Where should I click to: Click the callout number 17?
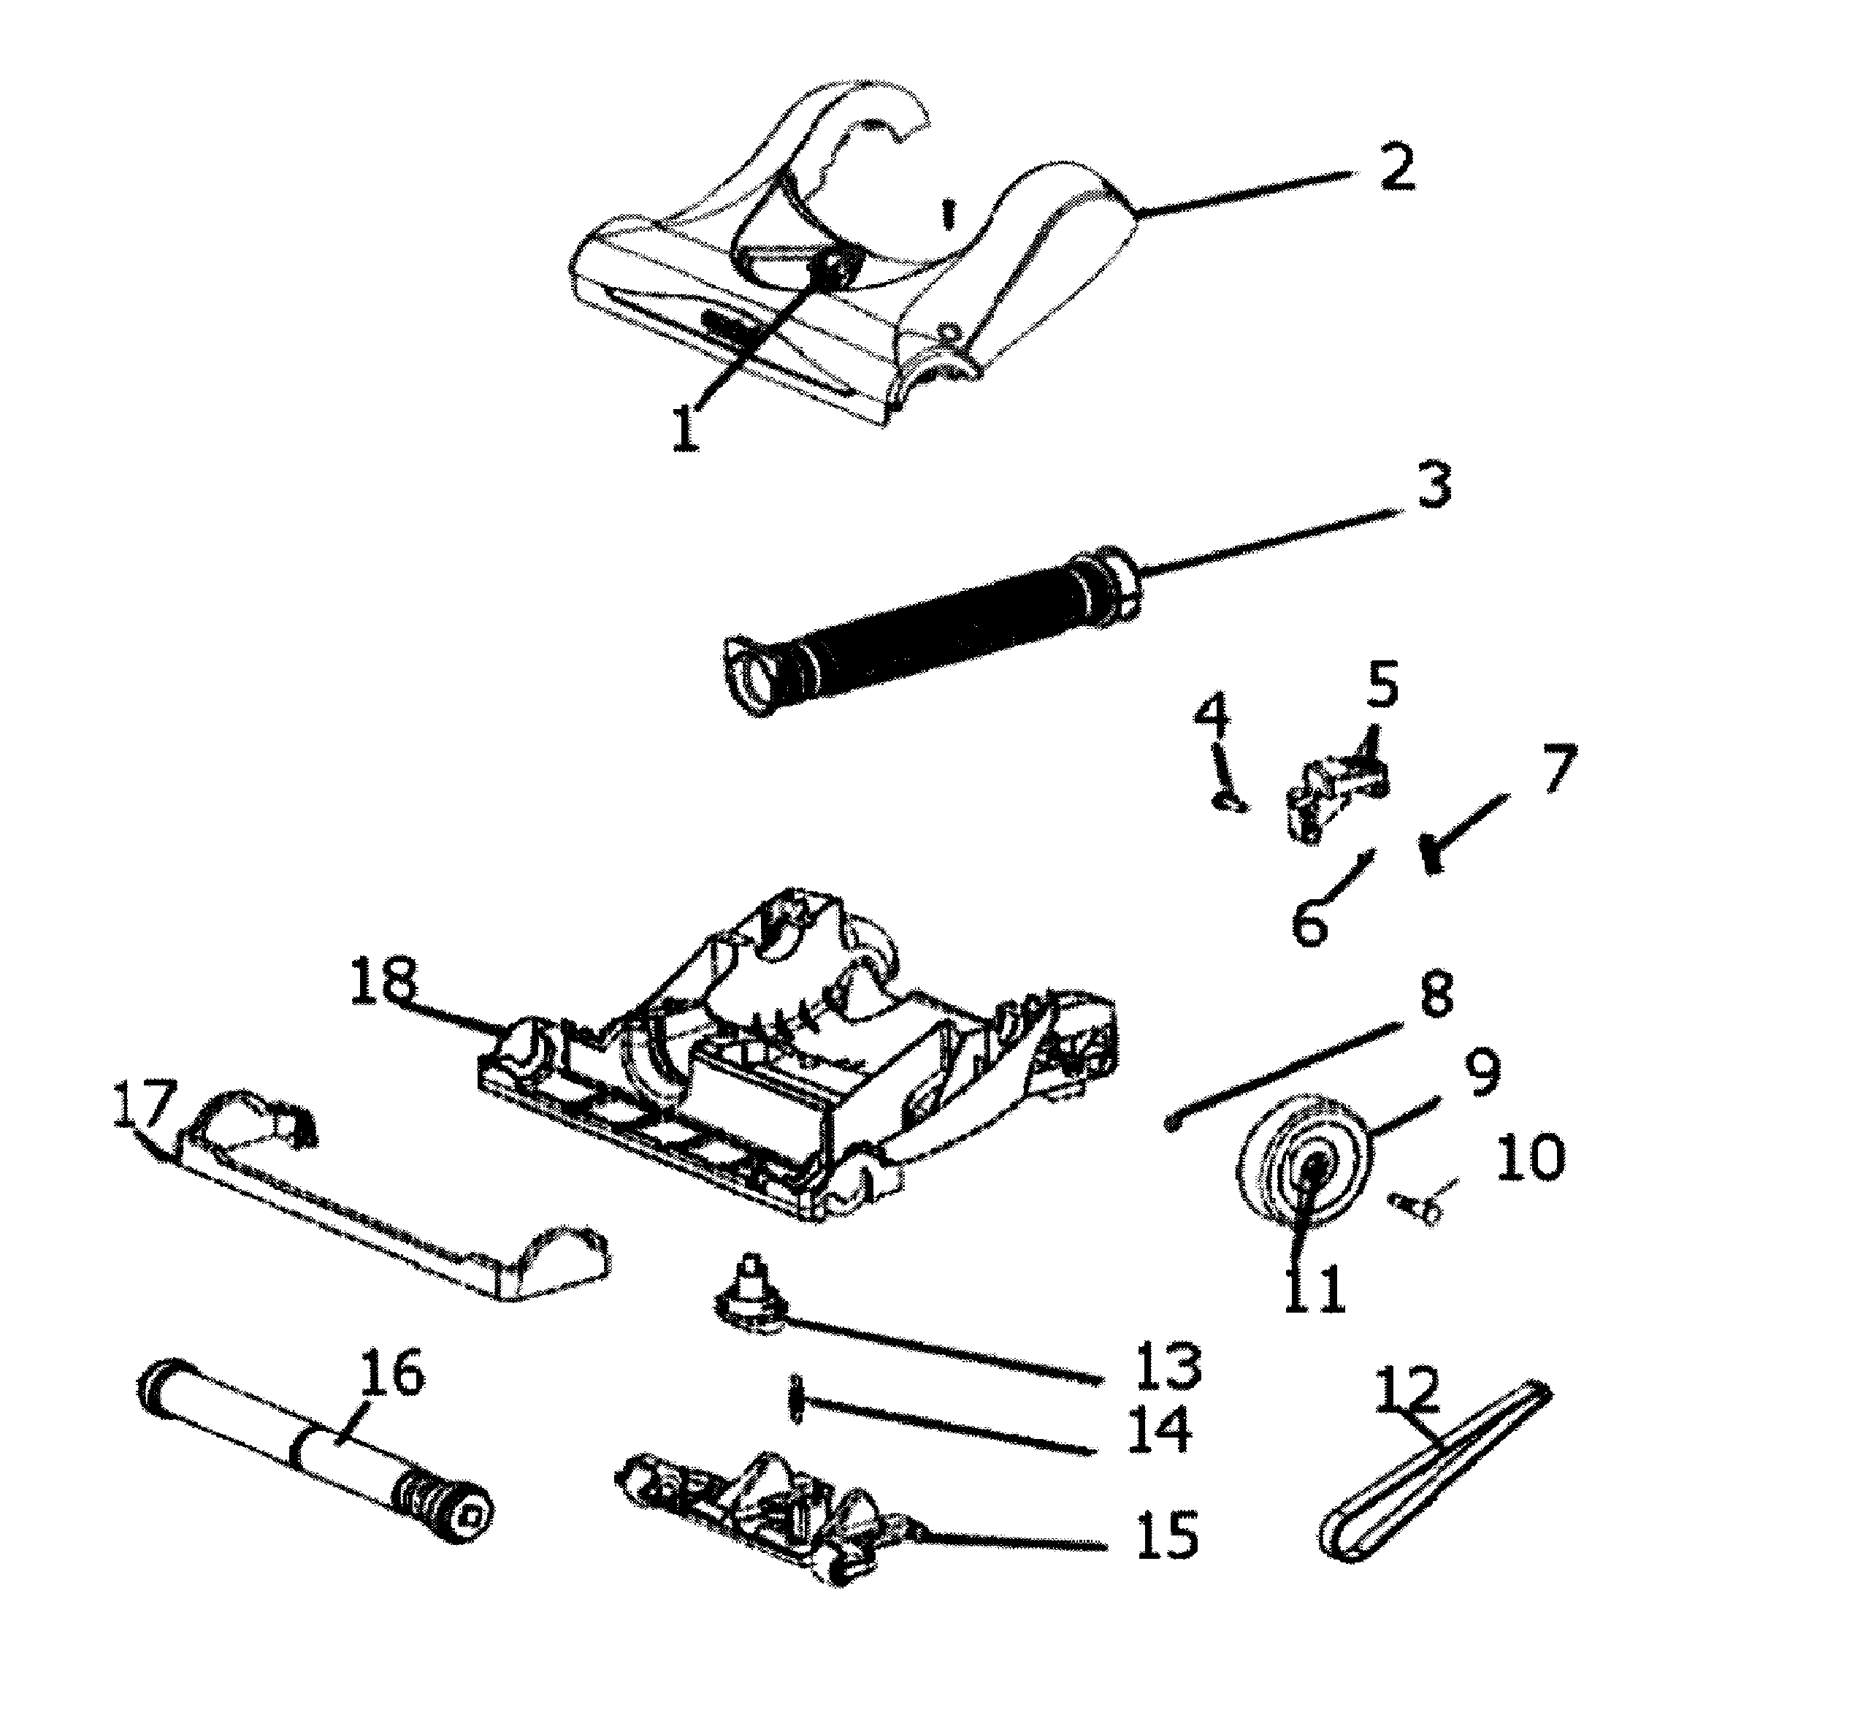(145, 1104)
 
